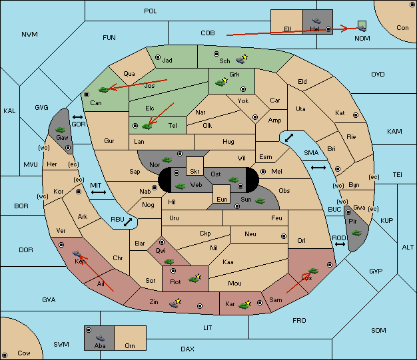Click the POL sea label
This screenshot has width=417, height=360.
pos(151,11)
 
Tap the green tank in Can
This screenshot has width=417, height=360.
pos(104,90)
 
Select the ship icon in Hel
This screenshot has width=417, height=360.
pos(316,21)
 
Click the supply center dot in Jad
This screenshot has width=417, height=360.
pos(158,57)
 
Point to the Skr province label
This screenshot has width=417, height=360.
pos(195,172)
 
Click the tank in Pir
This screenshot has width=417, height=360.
pos(356,233)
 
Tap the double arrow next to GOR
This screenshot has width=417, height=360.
pos(77,117)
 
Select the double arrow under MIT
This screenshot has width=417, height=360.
pos(99,192)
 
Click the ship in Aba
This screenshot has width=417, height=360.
pos(101,338)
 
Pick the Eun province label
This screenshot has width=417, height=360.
pos(222,199)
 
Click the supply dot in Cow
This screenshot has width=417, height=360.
pos(5,355)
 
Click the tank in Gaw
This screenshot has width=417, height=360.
pos(61,130)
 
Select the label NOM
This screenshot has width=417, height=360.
pos(362,38)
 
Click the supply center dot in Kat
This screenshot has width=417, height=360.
pos(356,115)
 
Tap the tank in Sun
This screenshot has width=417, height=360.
pos(260,201)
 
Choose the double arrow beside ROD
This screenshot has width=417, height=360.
pos(340,244)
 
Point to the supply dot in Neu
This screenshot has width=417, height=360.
pos(284,236)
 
